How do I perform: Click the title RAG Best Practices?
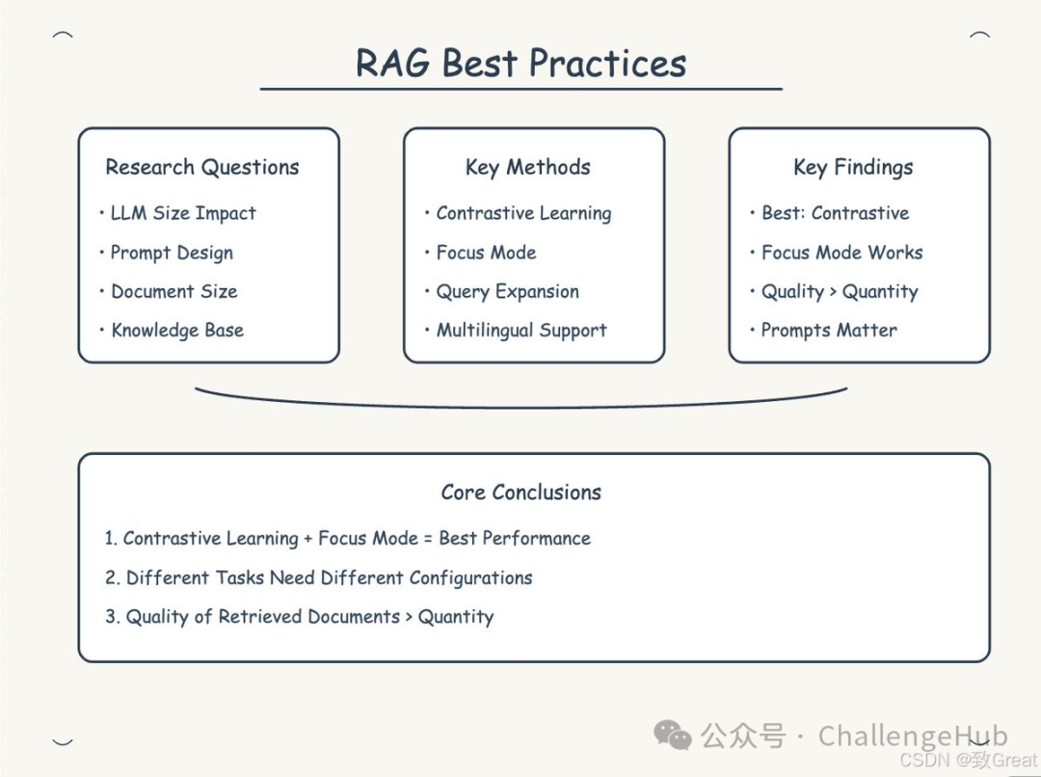coord(520,64)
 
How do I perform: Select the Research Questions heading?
coord(202,168)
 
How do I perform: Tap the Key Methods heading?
coord(527,168)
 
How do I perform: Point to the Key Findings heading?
coord(853,168)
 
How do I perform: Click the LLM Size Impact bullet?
coord(182,214)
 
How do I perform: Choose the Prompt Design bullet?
coord(171,254)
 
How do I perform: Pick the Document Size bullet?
coord(173,292)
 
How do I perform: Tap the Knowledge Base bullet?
coord(176,331)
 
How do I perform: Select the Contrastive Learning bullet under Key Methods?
coord(522,214)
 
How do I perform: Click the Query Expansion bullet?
coord(507,292)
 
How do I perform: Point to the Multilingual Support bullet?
coord(520,331)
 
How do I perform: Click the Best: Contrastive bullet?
coord(835,214)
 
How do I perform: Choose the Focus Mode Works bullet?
coord(841,254)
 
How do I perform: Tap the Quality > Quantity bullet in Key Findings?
coord(839,292)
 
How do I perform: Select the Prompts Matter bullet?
coord(828,331)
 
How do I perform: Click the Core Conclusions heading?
coord(520,493)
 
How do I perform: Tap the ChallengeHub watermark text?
coord(912,737)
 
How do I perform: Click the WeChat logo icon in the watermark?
coord(673,737)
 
